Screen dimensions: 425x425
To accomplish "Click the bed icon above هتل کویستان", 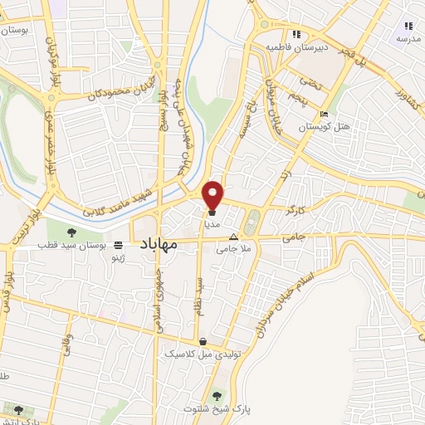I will (324, 113).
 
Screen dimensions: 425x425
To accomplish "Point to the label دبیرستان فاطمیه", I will (297, 47).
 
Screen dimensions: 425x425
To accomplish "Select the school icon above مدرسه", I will (407, 26).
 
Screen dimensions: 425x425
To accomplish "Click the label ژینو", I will (120, 259).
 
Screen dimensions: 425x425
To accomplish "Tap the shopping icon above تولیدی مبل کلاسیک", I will (203, 341).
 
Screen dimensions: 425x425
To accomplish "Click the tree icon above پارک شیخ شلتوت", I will (217, 395).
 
